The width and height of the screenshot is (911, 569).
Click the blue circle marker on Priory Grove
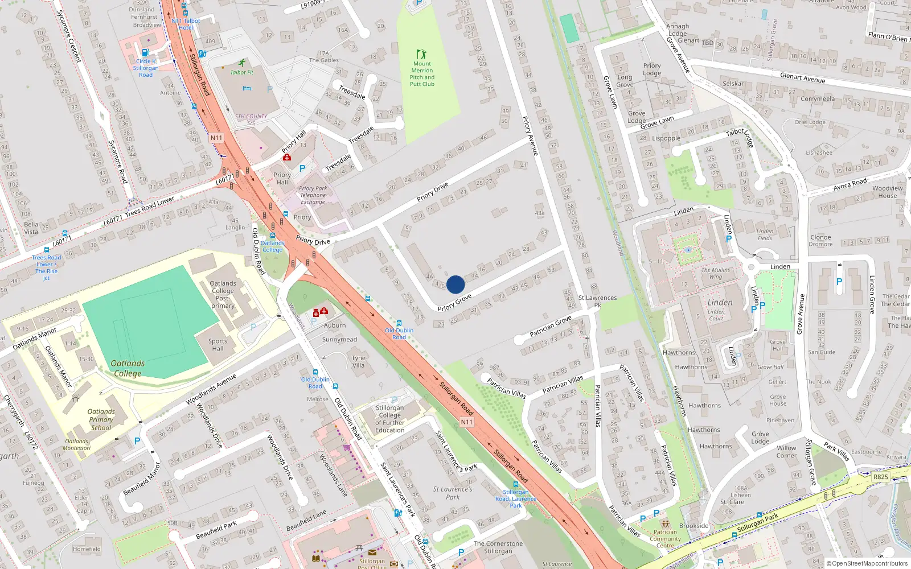click(x=455, y=284)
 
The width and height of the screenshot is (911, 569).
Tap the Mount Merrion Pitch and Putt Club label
click(x=422, y=74)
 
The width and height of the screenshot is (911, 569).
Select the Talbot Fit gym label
click(x=242, y=72)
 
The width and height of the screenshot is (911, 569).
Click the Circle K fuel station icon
click(x=145, y=52)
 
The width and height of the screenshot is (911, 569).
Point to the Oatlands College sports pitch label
click(x=128, y=368)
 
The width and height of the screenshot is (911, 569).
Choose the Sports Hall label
click(x=218, y=345)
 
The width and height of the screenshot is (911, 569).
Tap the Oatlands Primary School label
click(x=101, y=419)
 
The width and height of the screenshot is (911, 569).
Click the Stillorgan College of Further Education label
click(x=390, y=419)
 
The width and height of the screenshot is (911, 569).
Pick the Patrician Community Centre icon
click(x=665, y=523)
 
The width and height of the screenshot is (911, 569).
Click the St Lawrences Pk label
click(x=597, y=301)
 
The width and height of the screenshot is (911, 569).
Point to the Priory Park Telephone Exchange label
click(x=313, y=195)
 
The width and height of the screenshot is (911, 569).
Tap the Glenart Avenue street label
click(x=802, y=78)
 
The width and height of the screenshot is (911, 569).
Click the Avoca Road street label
click(x=850, y=184)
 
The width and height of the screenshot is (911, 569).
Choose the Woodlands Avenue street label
click(x=211, y=390)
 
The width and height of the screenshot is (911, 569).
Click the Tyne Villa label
click(x=358, y=362)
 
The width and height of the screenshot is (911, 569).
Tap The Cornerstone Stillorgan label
click(x=498, y=547)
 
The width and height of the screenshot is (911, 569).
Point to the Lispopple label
click(x=666, y=138)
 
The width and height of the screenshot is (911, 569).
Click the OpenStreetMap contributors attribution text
click(x=867, y=563)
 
